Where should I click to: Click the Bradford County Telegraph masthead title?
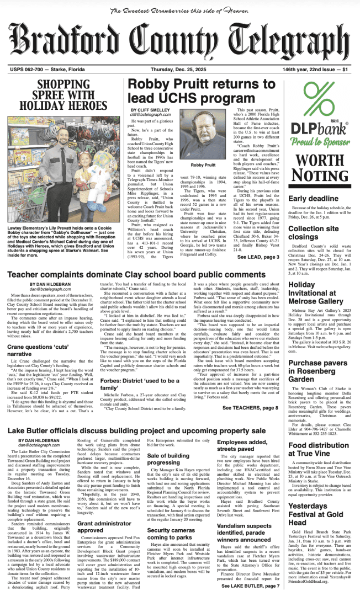coord(179,42)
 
